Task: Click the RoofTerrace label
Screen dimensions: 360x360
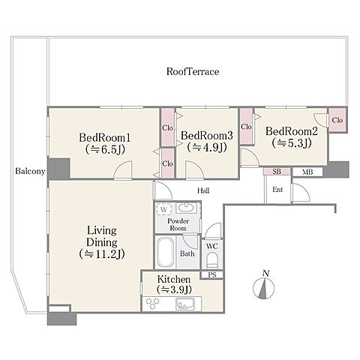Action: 193,71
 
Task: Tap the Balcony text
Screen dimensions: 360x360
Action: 30,171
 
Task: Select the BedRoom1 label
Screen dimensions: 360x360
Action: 105,138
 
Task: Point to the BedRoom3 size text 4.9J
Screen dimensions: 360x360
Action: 207,147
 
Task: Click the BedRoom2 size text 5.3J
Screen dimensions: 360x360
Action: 292,143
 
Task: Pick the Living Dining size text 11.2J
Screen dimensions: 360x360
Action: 102,254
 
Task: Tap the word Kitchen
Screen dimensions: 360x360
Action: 174,279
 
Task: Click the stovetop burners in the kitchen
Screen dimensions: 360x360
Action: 153,304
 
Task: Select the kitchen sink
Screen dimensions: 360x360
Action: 185,304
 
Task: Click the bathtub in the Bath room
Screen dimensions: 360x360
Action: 165,252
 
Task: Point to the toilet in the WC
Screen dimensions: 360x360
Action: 212,260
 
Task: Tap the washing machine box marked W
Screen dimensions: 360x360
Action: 163,209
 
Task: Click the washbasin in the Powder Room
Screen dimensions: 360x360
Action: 185,208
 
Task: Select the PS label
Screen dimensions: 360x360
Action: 212,275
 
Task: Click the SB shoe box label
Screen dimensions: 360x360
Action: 277,172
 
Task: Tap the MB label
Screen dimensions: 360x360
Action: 307,172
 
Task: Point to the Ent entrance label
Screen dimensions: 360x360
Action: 277,190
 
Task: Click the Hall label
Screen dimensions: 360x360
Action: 203,190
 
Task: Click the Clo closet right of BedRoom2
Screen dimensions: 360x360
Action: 337,120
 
